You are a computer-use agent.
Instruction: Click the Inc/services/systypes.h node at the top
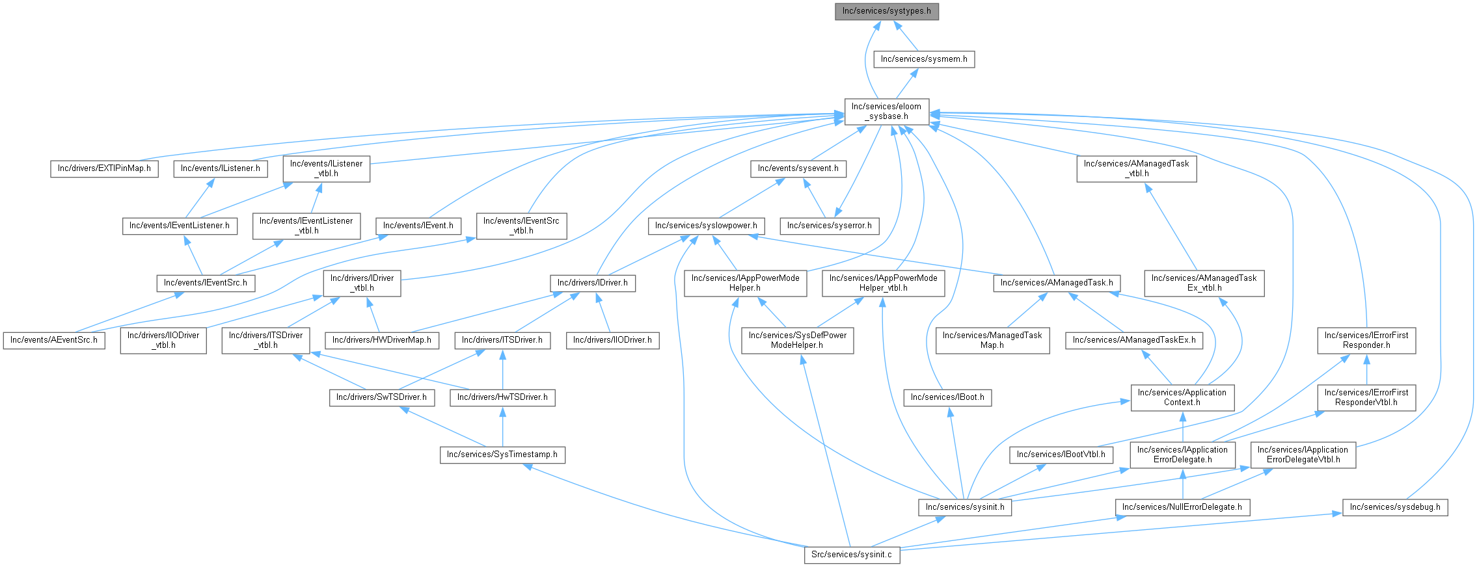887,12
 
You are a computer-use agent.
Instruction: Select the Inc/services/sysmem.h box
924,59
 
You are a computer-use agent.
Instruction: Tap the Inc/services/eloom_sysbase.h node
887,112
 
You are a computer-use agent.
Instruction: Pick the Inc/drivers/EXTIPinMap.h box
104,168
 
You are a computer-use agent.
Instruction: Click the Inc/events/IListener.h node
221,168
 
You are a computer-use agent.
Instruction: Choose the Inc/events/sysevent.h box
798,168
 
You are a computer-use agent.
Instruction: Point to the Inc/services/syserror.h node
830,226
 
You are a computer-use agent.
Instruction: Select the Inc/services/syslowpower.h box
706,226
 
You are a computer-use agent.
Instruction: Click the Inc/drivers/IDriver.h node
593,283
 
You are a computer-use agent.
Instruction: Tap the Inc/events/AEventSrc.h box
54,340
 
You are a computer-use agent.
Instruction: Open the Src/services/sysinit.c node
852,555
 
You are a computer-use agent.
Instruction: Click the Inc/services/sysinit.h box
965,507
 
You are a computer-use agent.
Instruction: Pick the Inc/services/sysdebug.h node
1395,507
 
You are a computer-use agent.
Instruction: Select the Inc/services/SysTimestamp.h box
502,455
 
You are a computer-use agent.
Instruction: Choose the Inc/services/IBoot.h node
947,397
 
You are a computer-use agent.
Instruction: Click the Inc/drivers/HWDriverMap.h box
382,340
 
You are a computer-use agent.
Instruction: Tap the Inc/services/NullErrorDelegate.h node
1182,507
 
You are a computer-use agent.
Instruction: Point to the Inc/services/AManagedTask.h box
1057,283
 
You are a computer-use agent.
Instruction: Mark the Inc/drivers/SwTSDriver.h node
382,397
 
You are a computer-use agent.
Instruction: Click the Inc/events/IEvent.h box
418,226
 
